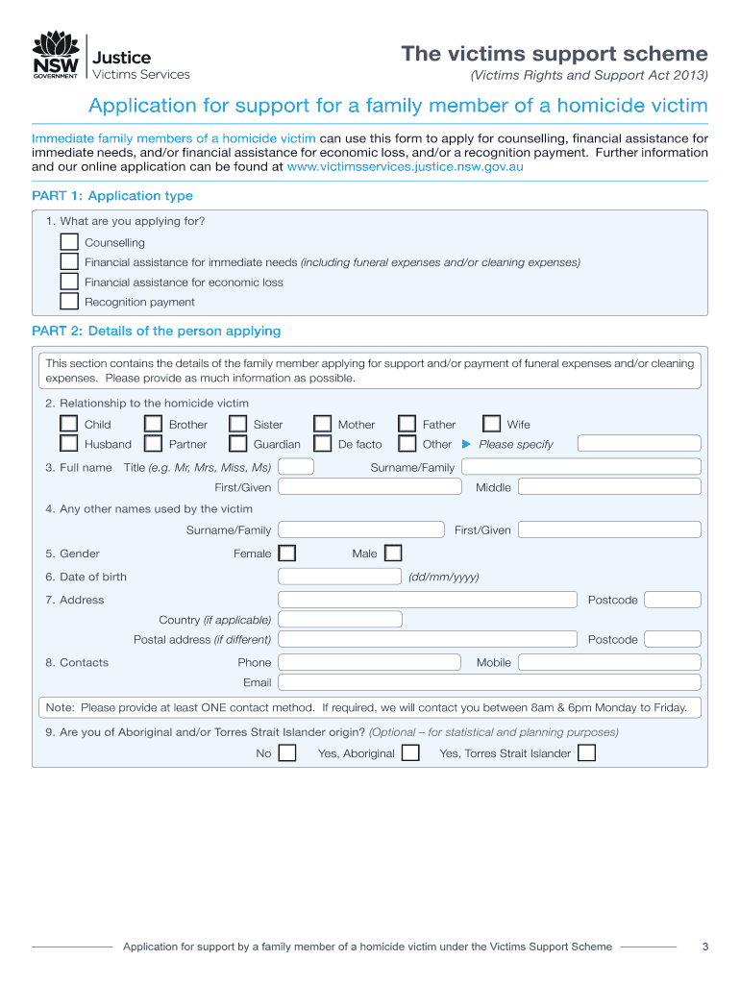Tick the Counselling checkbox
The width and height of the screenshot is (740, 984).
(69, 242)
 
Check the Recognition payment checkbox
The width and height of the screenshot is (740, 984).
(69, 301)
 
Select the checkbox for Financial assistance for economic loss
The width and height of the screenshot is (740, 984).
(69, 282)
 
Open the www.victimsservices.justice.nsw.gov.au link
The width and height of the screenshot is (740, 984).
(405, 166)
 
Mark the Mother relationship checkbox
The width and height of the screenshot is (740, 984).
(323, 424)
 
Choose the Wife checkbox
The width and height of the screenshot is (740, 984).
(492, 424)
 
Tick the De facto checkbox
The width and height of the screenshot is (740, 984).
(323, 444)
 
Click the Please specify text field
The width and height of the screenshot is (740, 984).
(639, 444)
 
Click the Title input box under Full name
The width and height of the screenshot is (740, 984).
(295, 467)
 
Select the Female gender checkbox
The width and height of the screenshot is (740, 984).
(286, 553)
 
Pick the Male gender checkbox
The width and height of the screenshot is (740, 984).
(393, 553)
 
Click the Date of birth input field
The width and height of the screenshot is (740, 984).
(339, 577)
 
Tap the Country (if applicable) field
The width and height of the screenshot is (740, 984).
(339, 620)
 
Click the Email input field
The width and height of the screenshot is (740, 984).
(489, 682)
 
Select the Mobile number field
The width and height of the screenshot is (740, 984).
(609, 662)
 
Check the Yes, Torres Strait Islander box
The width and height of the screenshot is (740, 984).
(586, 752)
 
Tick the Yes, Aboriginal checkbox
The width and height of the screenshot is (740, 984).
(410, 752)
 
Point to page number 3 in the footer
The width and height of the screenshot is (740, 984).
(704, 947)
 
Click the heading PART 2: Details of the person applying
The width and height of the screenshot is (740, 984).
(156, 331)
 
